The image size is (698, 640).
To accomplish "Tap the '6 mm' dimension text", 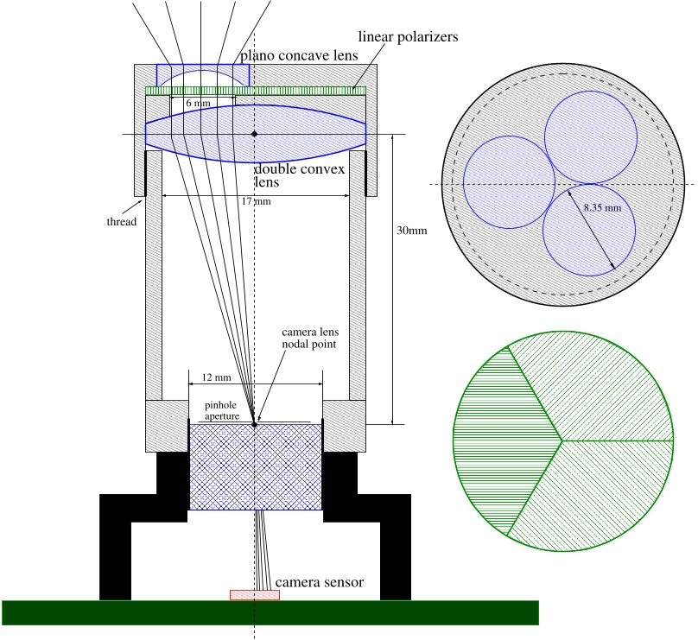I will click(x=198, y=103).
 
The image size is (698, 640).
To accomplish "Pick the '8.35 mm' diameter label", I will click(x=600, y=208).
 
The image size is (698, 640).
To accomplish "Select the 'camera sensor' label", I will click(x=319, y=583).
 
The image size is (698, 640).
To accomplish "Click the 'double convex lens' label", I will click(x=299, y=176).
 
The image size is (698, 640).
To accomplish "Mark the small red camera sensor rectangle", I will click(x=254, y=595).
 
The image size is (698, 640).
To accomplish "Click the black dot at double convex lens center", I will click(x=254, y=134).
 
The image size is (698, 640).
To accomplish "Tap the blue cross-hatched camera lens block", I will click(x=256, y=466).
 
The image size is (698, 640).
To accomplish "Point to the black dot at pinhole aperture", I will click(x=254, y=424).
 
